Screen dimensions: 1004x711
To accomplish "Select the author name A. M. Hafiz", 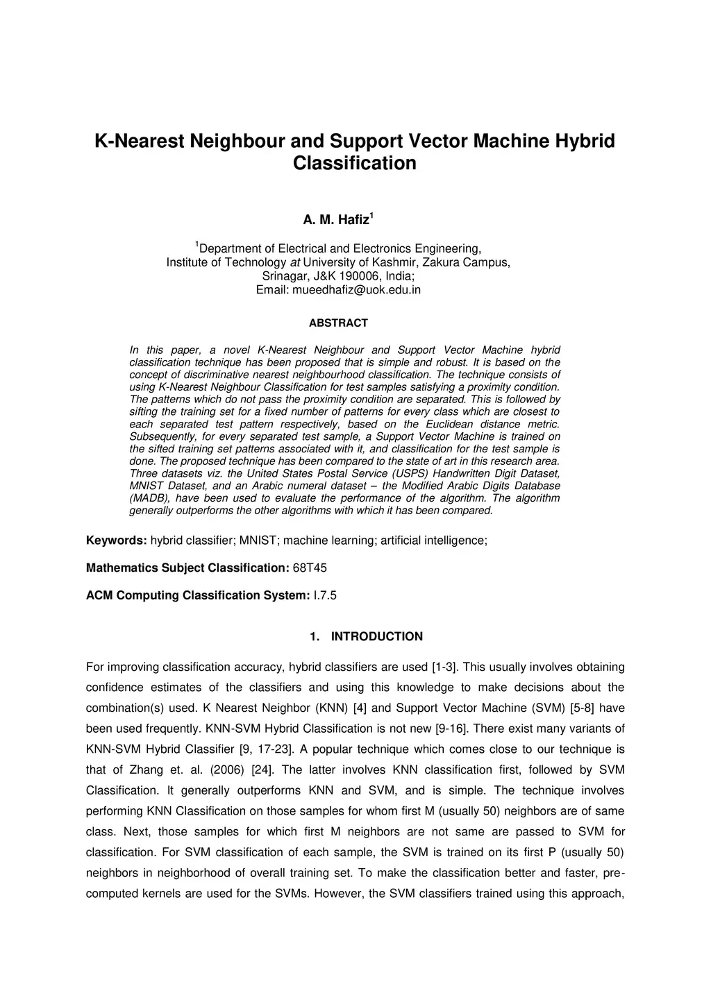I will point(336,221).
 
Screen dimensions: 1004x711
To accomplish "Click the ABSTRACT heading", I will point(338,323).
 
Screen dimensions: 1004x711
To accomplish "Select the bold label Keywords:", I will point(116,541).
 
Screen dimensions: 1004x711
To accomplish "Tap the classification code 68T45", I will point(310,568).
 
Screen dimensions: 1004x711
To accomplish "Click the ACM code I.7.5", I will point(325,596).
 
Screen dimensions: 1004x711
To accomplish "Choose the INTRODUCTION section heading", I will point(376,637).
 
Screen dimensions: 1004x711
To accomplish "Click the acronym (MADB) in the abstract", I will point(149,498).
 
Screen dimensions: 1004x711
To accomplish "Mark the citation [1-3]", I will point(444,667).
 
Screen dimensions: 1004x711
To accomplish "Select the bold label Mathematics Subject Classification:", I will point(187,568).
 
